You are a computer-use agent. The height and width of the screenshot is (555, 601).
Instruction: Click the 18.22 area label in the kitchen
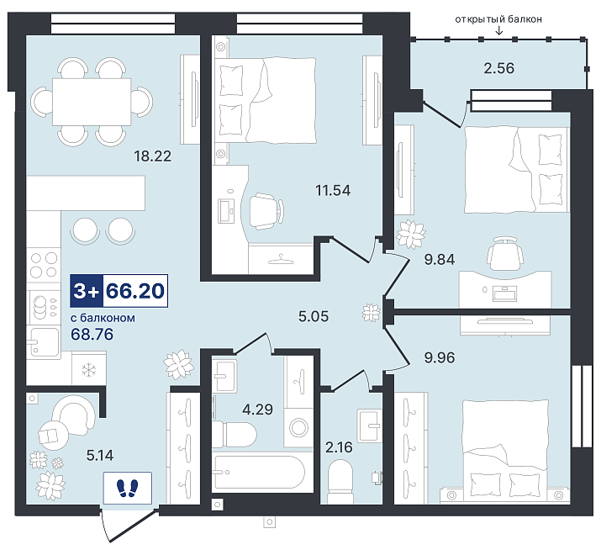(152, 156)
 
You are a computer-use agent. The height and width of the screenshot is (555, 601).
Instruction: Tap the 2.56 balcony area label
(498, 68)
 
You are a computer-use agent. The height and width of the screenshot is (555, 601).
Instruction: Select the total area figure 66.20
(135, 291)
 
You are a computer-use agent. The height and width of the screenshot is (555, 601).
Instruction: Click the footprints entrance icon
(127, 488)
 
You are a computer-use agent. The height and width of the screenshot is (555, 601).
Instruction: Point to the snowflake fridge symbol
(89, 370)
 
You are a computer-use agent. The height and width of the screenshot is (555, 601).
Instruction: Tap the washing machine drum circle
(300, 427)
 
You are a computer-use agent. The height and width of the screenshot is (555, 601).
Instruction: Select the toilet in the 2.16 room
(340, 481)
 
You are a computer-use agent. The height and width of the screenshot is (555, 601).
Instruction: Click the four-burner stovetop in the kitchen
(44, 265)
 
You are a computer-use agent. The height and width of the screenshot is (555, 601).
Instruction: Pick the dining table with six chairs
(92, 102)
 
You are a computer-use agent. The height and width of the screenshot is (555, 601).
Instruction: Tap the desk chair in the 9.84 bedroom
(505, 253)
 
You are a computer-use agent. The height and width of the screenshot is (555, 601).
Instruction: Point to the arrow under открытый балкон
(498, 30)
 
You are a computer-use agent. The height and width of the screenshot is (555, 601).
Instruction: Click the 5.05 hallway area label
(314, 316)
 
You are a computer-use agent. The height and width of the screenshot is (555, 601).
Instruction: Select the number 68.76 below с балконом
(92, 334)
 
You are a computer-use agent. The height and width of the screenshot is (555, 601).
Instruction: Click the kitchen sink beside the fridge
(44, 341)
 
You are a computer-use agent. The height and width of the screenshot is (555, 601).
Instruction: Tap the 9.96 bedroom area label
(440, 357)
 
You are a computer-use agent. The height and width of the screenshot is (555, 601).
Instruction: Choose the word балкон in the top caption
(525, 19)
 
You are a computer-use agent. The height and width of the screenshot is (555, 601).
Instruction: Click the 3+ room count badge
(87, 291)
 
